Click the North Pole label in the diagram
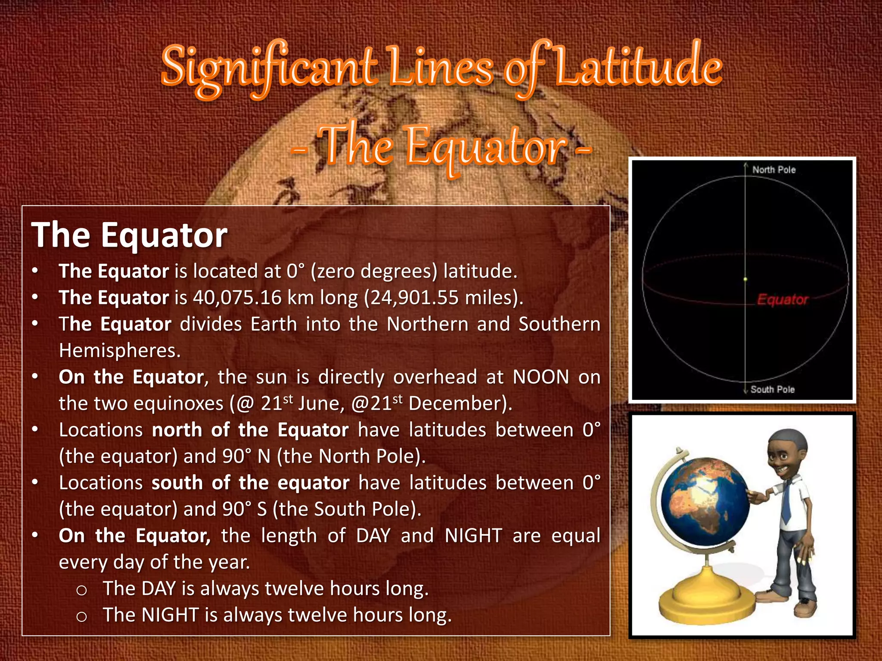pos(774,170)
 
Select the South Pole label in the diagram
pos(773,389)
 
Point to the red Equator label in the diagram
pos(783,300)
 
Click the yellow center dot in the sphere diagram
pos(745,279)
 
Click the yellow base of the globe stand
pos(706,598)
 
